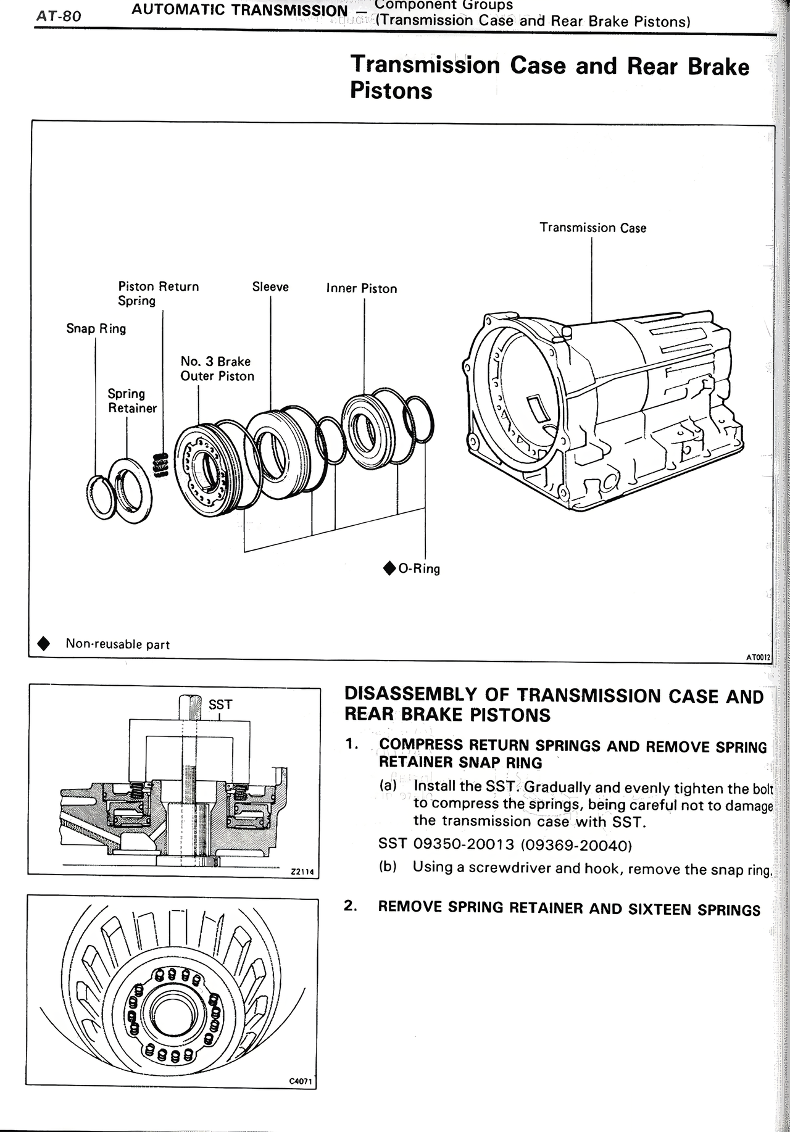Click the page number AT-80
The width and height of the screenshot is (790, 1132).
[x=59, y=16]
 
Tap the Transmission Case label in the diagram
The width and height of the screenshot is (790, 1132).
[x=592, y=228]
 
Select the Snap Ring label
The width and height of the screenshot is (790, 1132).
[x=96, y=328]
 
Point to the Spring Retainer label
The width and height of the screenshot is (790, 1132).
[x=131, y=401]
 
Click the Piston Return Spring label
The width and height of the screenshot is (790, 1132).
[x=158, y=293]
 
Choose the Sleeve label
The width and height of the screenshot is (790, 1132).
[x=270, y=287]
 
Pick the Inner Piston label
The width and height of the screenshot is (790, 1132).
[x=362, y=288]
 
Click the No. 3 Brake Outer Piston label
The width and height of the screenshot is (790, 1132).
[x=217, y=368]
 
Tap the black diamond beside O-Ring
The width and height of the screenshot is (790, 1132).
[x=389, y=568]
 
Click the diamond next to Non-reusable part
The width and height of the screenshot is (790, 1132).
[x=44, y=644]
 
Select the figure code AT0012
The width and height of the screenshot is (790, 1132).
[x=758, y=658]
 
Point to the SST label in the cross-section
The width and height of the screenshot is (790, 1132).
[x=220, y=704]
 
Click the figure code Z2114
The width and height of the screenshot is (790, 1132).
[x=302, y=872]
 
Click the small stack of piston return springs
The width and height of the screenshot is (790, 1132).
[x=160, y=465]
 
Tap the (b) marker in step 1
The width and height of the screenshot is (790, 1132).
[x=388, y=867]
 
